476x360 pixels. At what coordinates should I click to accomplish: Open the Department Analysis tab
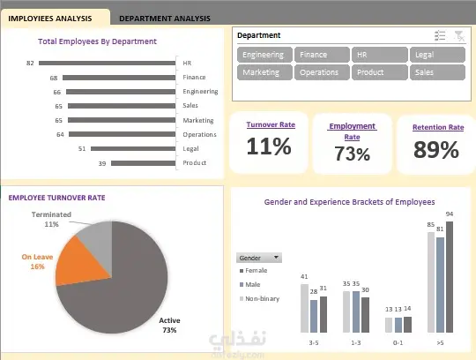coord(165,19)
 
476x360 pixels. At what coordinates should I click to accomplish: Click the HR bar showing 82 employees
coord(108,64)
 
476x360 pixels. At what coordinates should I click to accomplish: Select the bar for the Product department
coord(144,163)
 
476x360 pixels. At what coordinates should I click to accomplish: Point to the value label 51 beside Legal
coord(82,149)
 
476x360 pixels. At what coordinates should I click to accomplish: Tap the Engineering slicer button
coord(264,55)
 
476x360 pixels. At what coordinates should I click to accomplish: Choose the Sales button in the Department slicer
coord(437,72)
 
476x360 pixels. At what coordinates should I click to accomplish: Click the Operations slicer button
coord(322,72)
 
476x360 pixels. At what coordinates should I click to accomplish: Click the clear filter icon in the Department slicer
coord(459,36)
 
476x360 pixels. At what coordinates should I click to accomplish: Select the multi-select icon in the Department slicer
coord(440,35)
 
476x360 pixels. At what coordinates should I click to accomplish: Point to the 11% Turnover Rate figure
coord(269,146)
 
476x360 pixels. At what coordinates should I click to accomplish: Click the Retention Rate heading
coord(438,127)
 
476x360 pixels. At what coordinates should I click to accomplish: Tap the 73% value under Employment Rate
coord(352,154)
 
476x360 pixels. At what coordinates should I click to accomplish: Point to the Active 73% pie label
coord(169,325)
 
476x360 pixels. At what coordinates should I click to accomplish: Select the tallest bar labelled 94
coord(450,277)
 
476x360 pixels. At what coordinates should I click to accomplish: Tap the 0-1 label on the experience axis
coord(398,343)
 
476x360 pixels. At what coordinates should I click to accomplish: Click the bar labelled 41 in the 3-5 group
coord(304,308)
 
